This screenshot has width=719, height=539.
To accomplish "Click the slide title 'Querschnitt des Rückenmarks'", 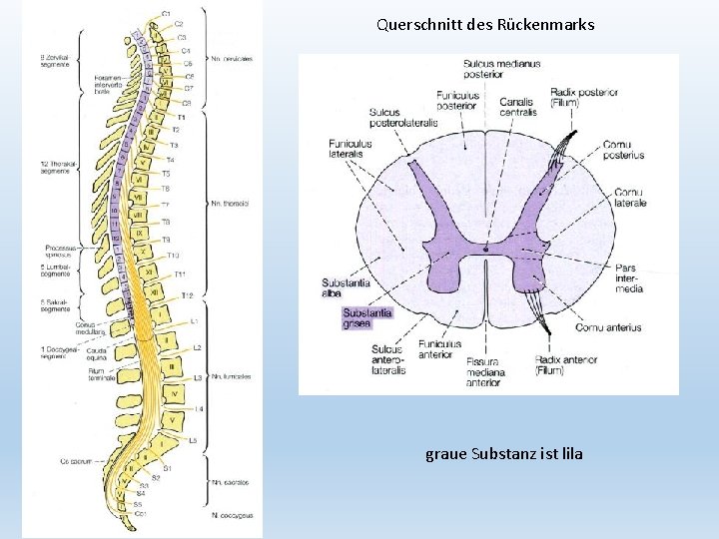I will point(485,24).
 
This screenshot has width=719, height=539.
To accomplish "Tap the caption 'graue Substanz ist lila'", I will point(504,454).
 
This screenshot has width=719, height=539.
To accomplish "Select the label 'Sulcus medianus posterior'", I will point(501,70).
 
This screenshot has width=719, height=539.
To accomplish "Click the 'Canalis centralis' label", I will point(518,106).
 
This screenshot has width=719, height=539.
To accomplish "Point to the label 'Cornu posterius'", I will point(623,150).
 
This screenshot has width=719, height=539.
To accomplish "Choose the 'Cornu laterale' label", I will point(630,197).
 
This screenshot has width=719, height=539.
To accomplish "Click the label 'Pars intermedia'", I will point(629,278).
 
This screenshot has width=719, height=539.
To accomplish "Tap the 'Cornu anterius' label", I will point(608,327).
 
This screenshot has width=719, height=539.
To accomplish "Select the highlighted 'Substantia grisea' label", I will point(367,317).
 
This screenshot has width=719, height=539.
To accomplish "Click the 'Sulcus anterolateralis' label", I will point(388,359).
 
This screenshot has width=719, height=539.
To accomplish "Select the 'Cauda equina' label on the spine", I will point(98,351).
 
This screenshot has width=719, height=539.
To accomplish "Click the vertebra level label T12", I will point(187,295).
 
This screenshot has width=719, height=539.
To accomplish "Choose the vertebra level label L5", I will point(193,440).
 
